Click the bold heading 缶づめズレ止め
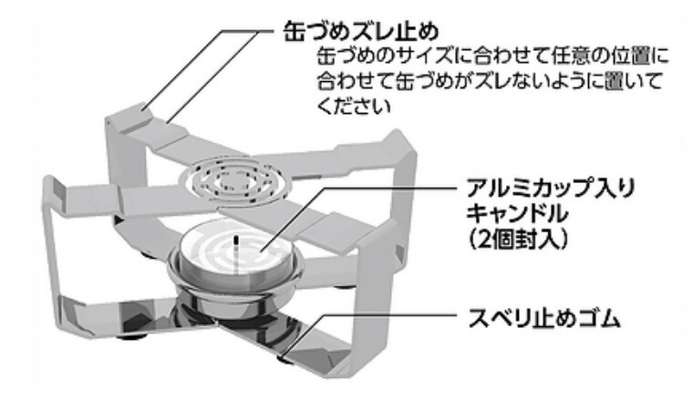(361, 32)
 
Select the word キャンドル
(517, 214)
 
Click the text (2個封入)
(517, 240)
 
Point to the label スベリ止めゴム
(544, 317)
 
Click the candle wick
(235, 245)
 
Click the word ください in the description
(354, 107)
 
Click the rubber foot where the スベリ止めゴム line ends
(285, 358)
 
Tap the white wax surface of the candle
(235, 251)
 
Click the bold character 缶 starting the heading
(294, 32)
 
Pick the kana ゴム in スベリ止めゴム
(600, 317)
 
